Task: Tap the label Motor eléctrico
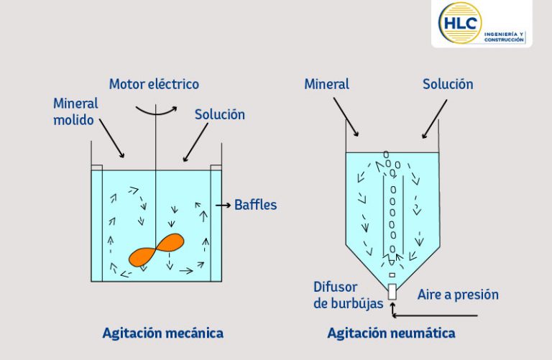154,84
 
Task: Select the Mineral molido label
75,111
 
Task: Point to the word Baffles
256,205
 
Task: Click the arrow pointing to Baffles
224,205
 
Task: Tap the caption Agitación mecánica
162,333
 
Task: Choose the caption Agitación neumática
391,333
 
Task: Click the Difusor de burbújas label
348,295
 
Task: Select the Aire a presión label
458,295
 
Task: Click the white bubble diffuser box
392,292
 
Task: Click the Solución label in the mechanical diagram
220,115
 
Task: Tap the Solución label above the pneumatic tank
448,84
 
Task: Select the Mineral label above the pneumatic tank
327,84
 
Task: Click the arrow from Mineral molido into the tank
111,138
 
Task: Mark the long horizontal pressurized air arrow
435,315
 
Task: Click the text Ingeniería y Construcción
504,37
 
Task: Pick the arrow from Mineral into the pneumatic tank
346,117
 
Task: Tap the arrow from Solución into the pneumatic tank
434,119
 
